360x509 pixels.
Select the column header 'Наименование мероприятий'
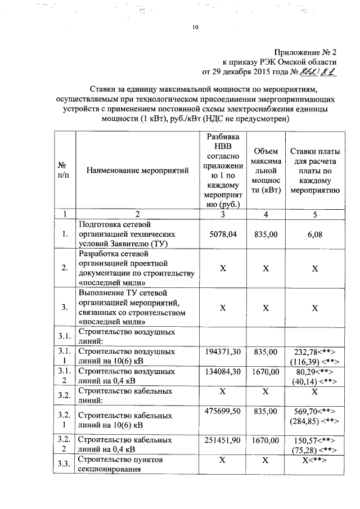[137, 170]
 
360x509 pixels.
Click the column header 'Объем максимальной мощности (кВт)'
[265, 170]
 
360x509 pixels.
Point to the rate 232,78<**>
[314, 352]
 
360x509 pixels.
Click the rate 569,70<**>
[314, 412]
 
